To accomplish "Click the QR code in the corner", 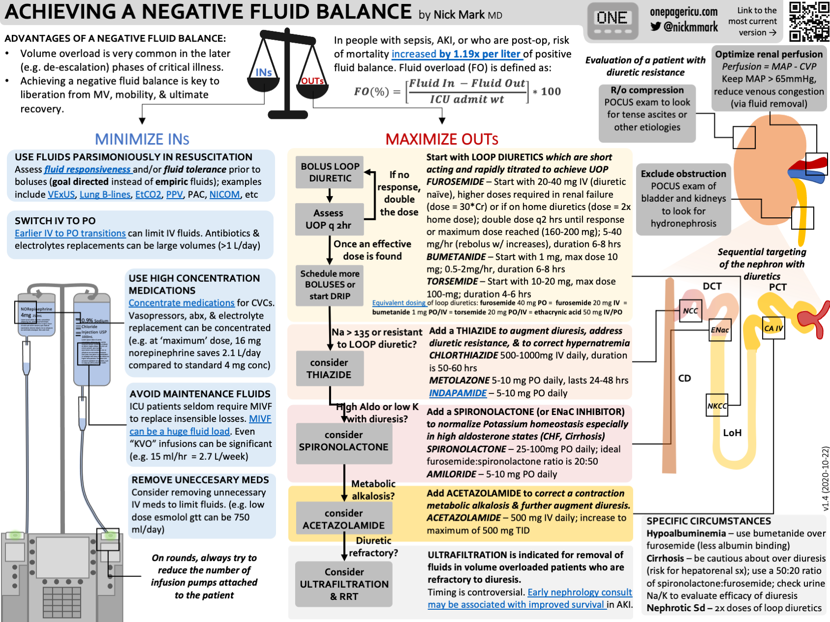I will click(x=809, y=21).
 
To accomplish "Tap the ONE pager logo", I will click(x=613, y=22).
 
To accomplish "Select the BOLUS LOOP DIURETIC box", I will click(x=330, y=173).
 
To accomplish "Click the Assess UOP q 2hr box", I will click(x=329, y=219).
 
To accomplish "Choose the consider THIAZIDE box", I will click(x=329, y=368).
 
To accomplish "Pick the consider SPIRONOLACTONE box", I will click(x=343, y=441).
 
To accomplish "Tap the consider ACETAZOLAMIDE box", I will click(x=343, y=519).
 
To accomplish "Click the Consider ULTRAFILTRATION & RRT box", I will click(x=344, y=584).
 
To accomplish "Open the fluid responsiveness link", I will click(x=88, y=170).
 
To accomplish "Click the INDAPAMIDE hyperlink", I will click(x=458, y=393).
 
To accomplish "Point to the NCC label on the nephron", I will click(x=690, y=311).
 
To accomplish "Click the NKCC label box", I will click(x=717, y=406).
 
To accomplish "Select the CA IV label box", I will click(x=773, y=328).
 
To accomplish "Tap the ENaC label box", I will click(x=720, y=330).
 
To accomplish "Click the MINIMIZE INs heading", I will click(x=142, y=139).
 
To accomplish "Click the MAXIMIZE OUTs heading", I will click(x=441, y=139).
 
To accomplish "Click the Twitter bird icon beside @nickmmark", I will click(x=655, y=27).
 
